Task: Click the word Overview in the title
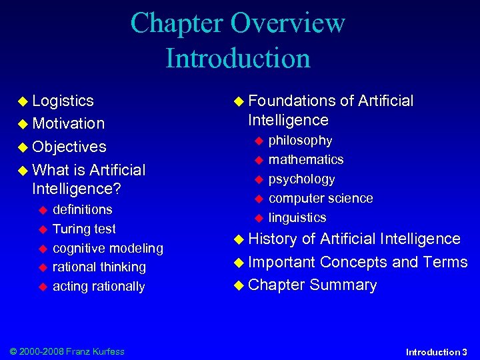287,23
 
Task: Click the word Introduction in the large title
238,57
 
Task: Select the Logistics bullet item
63,101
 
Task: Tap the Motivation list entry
68,123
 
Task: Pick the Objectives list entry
69,147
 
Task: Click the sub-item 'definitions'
82,209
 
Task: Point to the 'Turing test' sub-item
84,229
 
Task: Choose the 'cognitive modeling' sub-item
107,248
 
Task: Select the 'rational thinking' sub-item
99,267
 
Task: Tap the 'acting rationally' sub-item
98,286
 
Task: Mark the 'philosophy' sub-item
300,140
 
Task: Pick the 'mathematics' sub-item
306,159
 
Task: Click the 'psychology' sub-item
301,179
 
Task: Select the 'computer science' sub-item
321,198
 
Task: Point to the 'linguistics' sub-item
297,217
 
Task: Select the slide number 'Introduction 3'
437,351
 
